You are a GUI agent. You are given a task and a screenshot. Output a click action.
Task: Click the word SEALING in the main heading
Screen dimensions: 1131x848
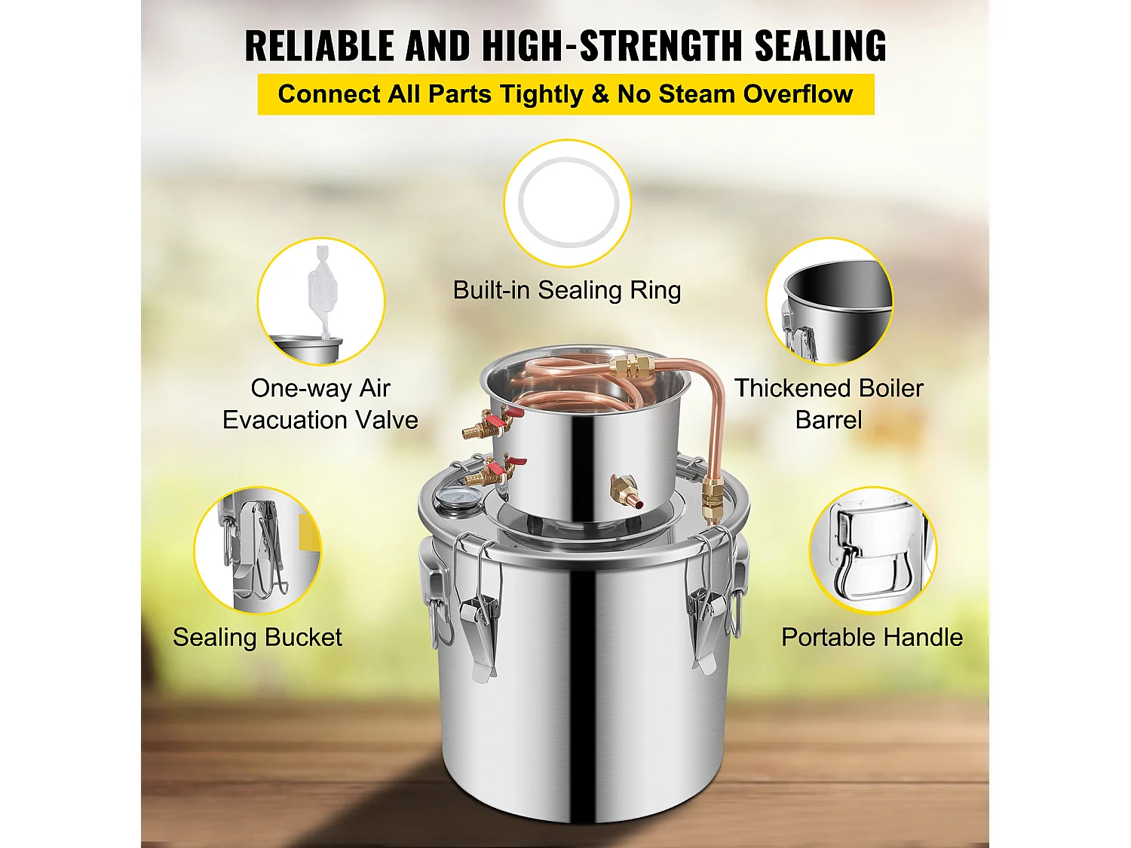820,46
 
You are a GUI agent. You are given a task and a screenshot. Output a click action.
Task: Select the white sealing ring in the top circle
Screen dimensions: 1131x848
567,202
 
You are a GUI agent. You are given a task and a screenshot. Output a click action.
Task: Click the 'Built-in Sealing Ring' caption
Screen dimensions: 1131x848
567,290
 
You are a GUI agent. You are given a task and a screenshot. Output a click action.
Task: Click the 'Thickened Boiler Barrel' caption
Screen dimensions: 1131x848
829,404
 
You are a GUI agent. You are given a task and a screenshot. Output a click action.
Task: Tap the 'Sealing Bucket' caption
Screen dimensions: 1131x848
257,637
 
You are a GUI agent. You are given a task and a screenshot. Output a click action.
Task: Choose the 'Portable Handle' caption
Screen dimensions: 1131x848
872,637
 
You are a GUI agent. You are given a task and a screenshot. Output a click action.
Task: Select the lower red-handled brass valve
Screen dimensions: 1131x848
495,470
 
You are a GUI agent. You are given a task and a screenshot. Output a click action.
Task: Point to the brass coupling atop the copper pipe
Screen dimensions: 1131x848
635,367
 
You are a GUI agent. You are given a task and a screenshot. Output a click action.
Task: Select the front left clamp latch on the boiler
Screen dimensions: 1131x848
476,608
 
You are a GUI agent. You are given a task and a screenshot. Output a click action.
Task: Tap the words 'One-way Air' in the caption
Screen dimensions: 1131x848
320,388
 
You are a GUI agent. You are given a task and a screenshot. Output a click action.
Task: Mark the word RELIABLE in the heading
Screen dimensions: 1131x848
320,46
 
